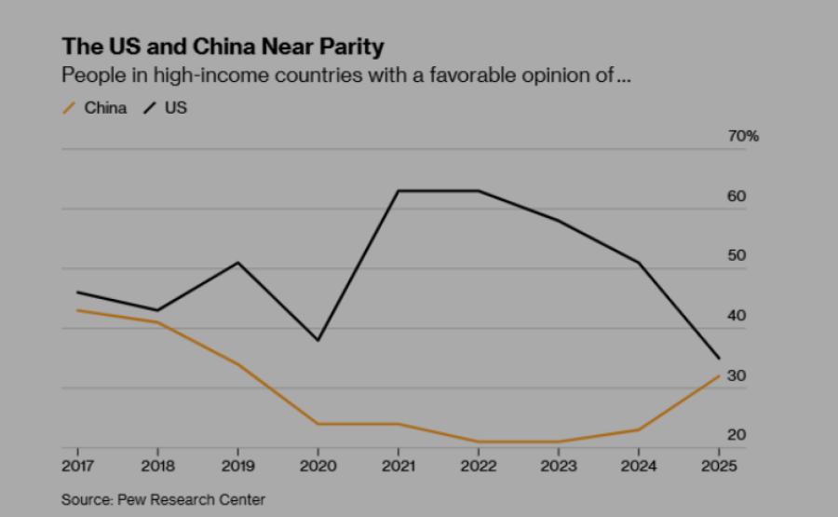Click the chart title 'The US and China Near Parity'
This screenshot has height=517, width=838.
point(223,47)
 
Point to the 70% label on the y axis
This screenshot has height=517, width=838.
point(743,136)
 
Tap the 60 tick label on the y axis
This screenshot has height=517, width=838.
point(737,197)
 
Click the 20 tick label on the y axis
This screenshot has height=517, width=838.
point(737,435)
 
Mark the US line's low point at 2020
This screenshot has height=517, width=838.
point(318,340)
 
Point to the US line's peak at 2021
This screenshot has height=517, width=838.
point(399,191)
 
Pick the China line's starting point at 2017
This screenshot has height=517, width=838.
point(77,310)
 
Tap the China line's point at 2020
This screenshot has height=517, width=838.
point(318,424)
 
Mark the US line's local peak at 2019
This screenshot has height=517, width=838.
point(238,263)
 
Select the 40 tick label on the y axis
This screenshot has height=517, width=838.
point(737,316)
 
